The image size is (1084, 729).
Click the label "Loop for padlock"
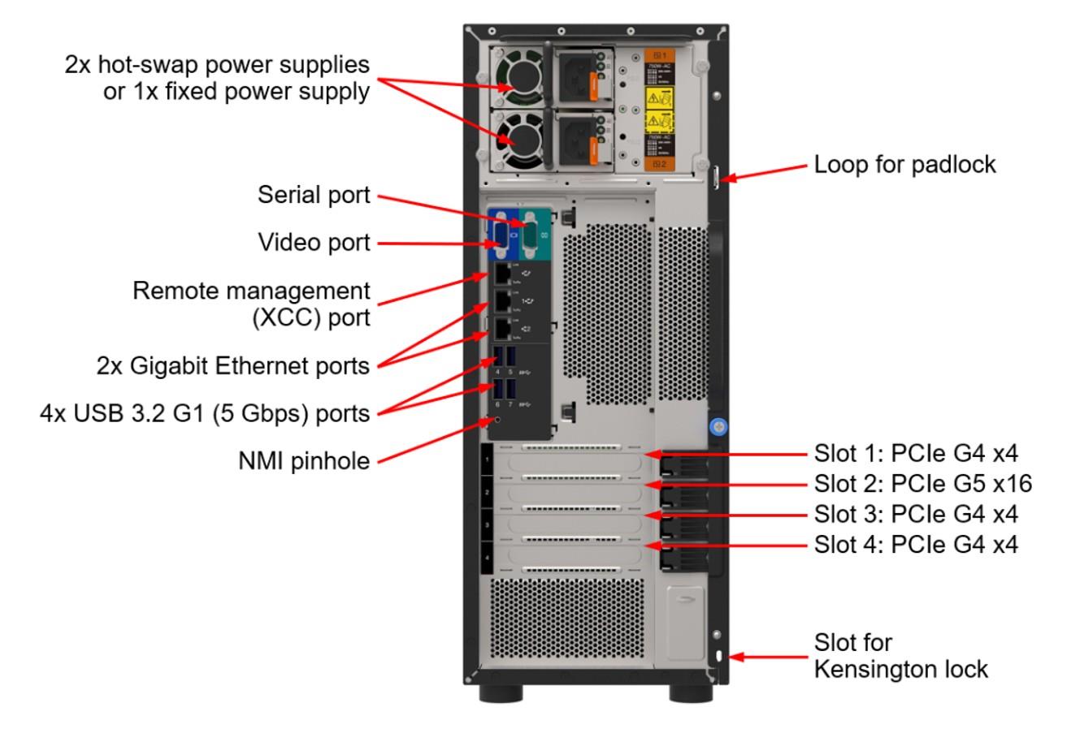(904, 165)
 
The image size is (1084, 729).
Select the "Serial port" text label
(314, 196)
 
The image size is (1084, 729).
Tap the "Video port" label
(314, 242)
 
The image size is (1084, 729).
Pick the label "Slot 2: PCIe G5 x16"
(922, 485)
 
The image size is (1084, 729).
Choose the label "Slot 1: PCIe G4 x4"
(916, 453)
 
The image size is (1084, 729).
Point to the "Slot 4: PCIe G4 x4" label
(916, 544)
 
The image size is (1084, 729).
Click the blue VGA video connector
(499, 238)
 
